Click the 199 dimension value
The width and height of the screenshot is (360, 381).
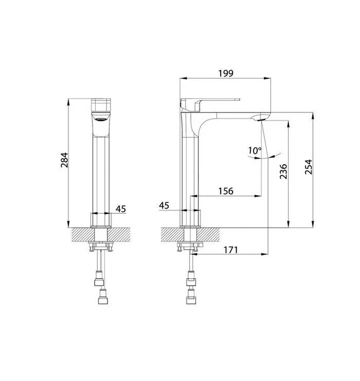coord(226,73)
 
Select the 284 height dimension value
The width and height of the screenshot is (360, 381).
coord(64,160)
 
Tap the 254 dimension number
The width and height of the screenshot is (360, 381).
coord(308,167)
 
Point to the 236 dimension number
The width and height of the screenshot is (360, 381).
coord(283,171)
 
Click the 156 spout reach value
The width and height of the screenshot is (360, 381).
coord(226,191)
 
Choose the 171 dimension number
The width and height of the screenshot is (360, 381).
coord(231,250)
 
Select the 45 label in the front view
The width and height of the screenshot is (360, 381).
coord(121,209)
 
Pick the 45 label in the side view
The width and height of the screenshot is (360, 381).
coord(164,206)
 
